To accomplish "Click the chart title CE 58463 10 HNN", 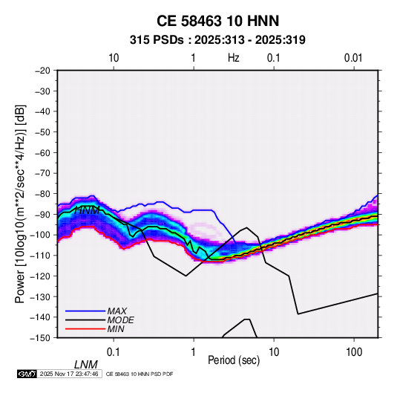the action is (217, 21).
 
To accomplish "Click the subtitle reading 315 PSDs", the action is (157, 40).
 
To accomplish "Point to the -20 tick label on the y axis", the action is (42, 71).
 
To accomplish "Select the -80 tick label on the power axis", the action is (42, 194).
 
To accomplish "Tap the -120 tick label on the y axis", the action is (41, 276).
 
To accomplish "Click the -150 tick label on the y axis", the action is (41, 338).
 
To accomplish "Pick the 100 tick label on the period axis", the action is (354, 352).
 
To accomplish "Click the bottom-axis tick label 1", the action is (194, 352).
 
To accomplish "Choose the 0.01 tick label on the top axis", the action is (353, 58).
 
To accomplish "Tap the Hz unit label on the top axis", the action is (234, 58).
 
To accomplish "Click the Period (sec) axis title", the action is (234, 360).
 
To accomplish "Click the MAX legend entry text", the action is (117, 311).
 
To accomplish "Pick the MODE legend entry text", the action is (120, 320).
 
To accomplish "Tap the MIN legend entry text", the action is (116, 329).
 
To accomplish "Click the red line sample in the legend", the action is (85, 329).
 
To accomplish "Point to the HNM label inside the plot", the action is (87, 210).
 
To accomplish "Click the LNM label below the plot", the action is (86, 365).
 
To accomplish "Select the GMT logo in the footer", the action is (27, 374).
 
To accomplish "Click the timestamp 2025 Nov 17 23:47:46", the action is (69, 374).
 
